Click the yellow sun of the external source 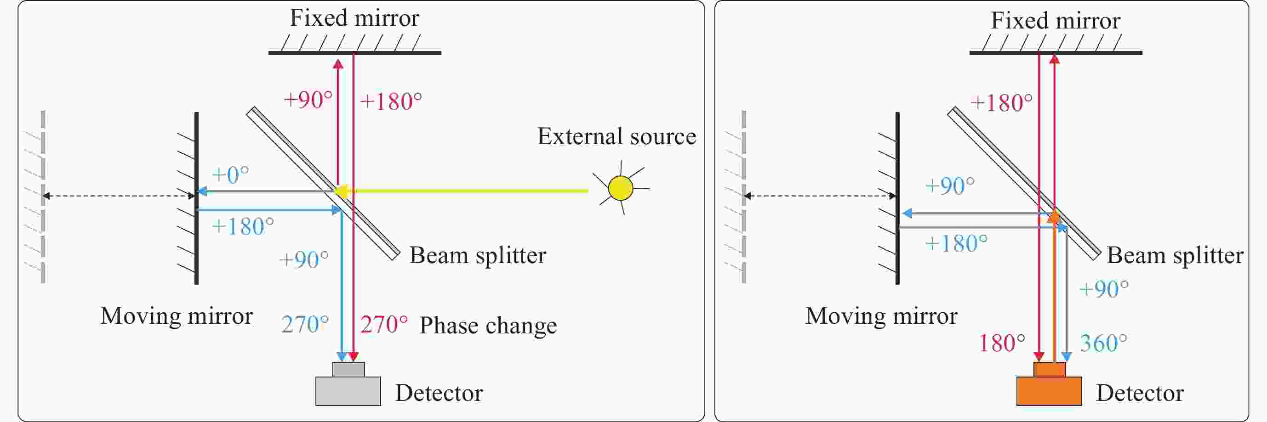(620, 188)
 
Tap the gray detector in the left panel (348, 388)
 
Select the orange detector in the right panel (1049, 388)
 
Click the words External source (616, 136)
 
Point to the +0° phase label (230, 174)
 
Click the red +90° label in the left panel (308, 100)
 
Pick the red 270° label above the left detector (384, 324)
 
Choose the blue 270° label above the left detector (305, 324)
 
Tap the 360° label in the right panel (1104, 343)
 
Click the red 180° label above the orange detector (1002, 343)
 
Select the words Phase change (488, 325)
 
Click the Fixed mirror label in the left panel (354, 18)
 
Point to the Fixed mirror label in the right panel (1056, 21)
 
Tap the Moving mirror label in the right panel (881, 316)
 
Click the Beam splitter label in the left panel (478, 255)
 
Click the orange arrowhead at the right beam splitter (1054, 216)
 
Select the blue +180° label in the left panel (242, 227)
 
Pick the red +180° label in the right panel (1001, 103)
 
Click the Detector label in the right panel (1140, 393)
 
